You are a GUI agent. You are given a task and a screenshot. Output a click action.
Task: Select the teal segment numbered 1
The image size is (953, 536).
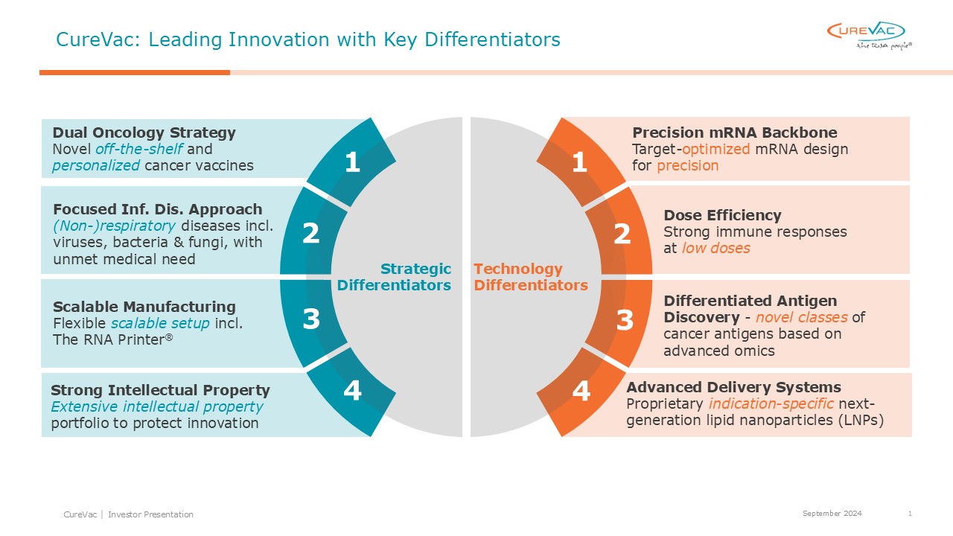pyautogui.click(x=352, y=162)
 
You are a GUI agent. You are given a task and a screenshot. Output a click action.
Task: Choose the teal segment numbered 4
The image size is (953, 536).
pyautogui.click(x=352, y=392)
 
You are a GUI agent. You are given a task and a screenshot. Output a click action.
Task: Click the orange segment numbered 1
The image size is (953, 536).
pyautogui.click(x=580, y=162)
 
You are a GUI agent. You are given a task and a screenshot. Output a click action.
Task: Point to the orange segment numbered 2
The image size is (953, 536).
pyautogui.click(x=622, y=234)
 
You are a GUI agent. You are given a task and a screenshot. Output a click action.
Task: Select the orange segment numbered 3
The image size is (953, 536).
pyautogui.click(x=622, y=320)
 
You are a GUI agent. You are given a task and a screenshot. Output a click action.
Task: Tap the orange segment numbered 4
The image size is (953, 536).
pyautogui.click(x=580, y=392)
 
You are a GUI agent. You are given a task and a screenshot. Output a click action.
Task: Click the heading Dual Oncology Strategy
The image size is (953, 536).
pyautogui.click(x=144, y=133)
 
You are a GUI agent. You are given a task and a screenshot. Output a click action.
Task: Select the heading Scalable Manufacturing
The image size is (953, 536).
pyautogui.click(x=144, y=307)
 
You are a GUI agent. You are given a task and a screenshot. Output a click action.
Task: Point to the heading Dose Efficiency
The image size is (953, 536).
pyautogui.click(x=722, y=215)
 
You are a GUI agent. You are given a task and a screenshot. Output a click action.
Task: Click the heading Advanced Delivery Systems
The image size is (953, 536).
pyautogui.click(x=733, y=387)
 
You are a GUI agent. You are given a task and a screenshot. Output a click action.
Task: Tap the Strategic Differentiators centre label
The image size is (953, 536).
pyautogui.click(x=394, y=277)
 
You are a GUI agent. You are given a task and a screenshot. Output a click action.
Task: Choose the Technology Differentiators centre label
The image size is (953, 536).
pyautogui.click(x=531, y=277)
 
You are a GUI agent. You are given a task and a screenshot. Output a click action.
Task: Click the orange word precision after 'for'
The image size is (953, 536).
pyautogui.click(x=687, y=165)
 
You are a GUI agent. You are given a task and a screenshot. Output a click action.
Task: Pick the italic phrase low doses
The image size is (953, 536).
pyautogui.click(x=716, y=248)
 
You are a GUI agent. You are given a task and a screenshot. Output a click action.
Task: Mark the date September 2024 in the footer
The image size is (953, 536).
pyautogui.click(x=832, y=514)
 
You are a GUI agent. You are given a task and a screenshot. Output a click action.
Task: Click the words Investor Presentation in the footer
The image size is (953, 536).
pyautogui.click(x=150, y=514)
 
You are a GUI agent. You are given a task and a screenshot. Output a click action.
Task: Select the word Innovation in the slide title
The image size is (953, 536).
pyautogui.click(x=279, y=39)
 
